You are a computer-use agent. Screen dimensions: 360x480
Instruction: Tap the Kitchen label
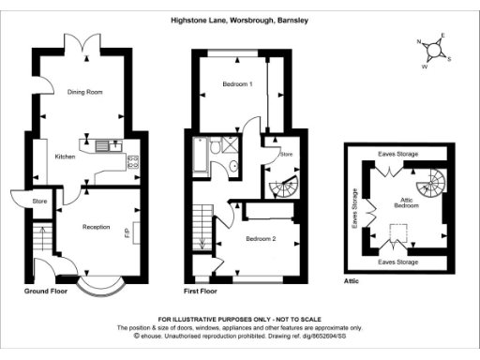coord(65,156)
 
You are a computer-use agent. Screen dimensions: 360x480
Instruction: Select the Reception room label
coord(97,227)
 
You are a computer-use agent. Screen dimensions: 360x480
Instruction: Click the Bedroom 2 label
coord(261,239)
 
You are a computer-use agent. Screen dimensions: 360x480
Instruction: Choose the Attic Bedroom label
coord(405,202)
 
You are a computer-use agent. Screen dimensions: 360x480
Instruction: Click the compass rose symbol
coord(432,52)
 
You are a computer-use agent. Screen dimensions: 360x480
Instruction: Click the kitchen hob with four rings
coord(132,160)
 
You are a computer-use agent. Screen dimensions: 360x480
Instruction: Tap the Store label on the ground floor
coord(39,201)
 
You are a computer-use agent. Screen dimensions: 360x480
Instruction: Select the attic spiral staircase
coord(434,181)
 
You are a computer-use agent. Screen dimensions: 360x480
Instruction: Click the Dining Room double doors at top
coord(77,42)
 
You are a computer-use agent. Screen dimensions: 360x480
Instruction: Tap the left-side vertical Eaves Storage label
coord(355,209)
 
